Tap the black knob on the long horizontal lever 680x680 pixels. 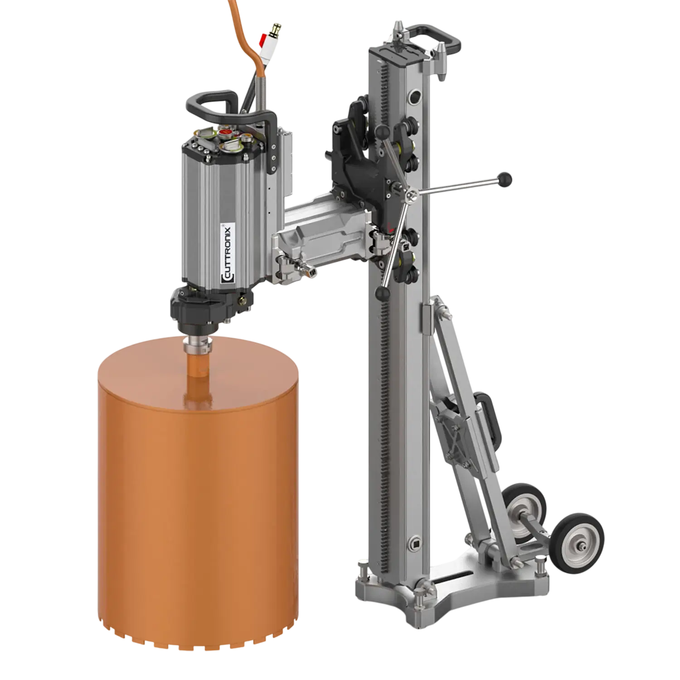[504, 179]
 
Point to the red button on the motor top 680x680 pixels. [225, 132]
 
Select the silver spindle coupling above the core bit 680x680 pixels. [198, 345]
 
